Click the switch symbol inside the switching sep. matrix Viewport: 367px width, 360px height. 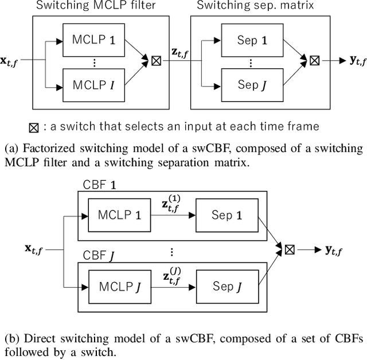(314, 59)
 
